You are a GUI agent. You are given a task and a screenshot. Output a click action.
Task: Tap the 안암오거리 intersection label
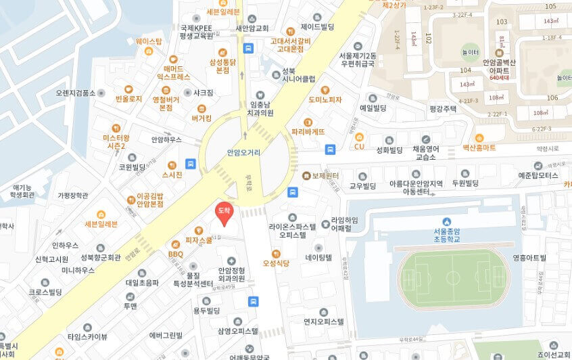click(243, 153)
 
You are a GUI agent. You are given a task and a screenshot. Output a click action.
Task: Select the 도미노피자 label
click(325, 99)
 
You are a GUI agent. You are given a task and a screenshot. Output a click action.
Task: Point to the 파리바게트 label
click(308, 131)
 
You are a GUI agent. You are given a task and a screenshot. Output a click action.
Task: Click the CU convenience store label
click(359, 146)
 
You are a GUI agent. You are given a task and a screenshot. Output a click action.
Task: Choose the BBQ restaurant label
click(175, 254)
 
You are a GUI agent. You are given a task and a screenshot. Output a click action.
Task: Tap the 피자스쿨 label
click(199, 240)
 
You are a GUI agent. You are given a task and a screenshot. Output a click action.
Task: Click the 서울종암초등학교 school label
click(447, 233)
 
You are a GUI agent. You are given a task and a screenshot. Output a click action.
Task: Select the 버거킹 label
click(201, 117)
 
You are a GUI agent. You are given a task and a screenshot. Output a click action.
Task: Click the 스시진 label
click(172, 175)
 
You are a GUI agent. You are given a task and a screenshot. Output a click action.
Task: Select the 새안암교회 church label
click(252, 28)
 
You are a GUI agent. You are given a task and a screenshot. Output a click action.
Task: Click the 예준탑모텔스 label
click(538, 175)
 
